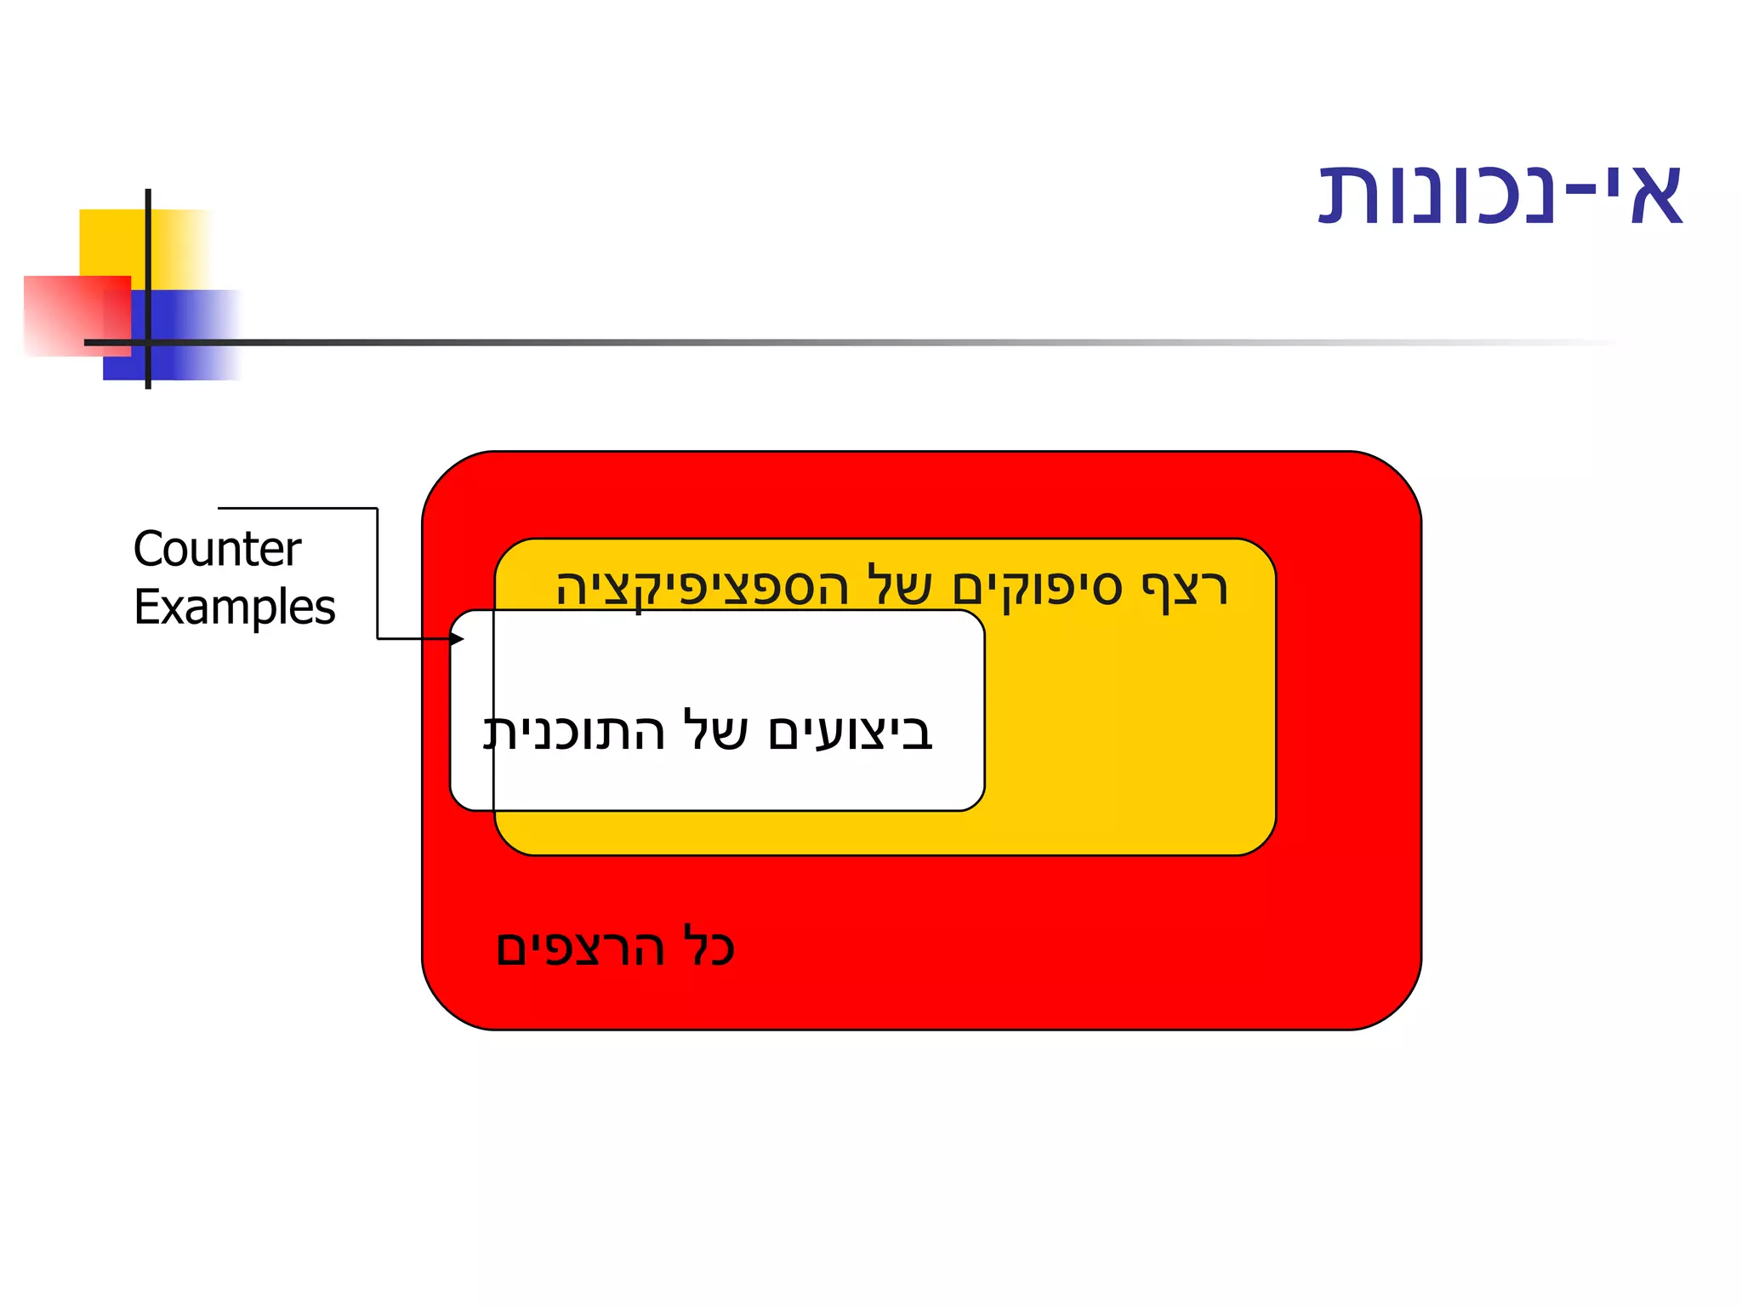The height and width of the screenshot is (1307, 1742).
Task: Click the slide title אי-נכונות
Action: (x=1500, y=194)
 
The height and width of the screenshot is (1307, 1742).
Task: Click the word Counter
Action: (x=217, y=549)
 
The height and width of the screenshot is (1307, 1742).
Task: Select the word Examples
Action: (x=235, y=608)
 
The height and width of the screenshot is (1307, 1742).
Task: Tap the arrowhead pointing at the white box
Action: (x=458, y=638)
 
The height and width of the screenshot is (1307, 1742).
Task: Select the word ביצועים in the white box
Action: (x=851, y=732)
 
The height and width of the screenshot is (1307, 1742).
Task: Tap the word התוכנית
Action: (x=574, y=732)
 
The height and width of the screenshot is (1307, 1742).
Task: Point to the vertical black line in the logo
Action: (x=148, y=255)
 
